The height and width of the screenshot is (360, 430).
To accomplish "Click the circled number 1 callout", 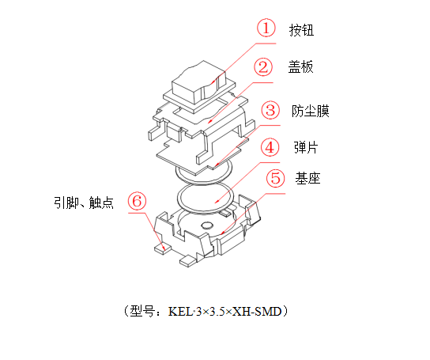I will pos(268,28).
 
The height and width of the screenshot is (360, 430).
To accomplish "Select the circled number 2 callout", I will pos(265,67).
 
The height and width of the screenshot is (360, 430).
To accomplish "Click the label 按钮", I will pos(302,30).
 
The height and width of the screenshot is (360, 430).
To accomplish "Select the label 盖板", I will pos(300,68).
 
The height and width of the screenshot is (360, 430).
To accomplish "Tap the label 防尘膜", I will pos(310,110).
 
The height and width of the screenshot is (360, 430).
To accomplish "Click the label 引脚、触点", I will pos(84,203).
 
